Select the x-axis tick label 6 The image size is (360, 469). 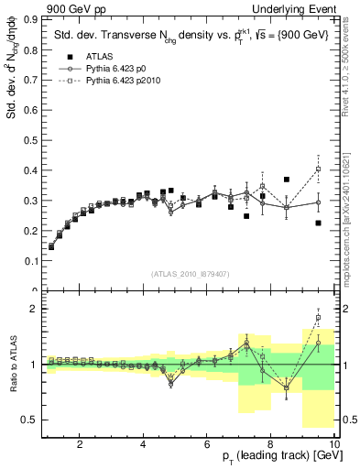[207, 445]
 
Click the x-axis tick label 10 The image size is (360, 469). [333, 445]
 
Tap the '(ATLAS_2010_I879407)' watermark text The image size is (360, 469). [191, 273]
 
